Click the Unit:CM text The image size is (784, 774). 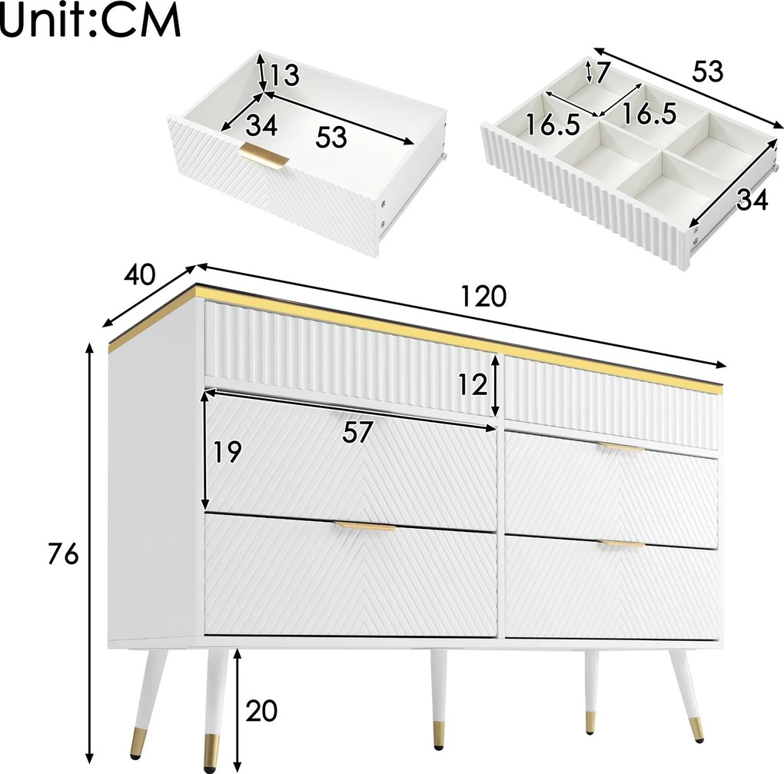(x=90, y=21)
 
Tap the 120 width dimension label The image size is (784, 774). (x=483, y=296)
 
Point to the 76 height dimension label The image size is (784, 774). (x=64, y=554)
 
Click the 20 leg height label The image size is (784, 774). (x=261, y=710)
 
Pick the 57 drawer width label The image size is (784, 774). (x=357, y=432)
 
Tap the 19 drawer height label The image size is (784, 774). (x=228, y=452)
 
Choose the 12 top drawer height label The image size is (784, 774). (x=473, y=384)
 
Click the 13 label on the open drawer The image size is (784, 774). (x=284, y=75)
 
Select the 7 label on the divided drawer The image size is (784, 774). (x=603, y=72)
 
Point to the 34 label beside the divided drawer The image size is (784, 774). (x=752, y=200)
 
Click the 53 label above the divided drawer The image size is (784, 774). (x=707, y=71)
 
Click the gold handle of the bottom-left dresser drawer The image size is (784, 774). (x=364, y=526)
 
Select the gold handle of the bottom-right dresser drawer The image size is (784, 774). (x=623, y=543)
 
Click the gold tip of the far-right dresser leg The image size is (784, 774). (x=696, y=729)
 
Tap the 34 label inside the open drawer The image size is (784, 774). (x=261, y=125)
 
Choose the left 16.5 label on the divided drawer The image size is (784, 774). (x=553, y=124)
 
